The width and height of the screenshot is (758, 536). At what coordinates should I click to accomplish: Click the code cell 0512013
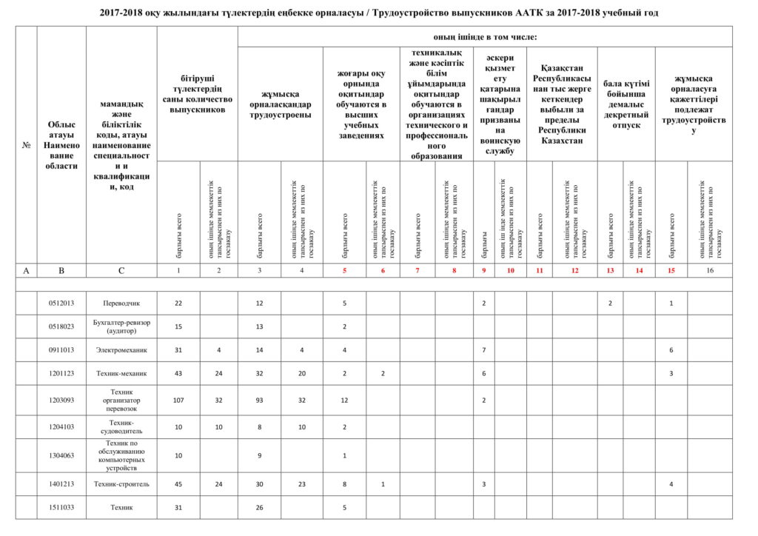click(61, 303)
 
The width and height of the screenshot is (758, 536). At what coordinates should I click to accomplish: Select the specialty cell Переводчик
click(121, 303)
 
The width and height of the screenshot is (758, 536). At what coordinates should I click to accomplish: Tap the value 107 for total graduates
click(178, 400)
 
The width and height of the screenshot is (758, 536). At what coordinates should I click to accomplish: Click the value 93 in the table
click(259, 400)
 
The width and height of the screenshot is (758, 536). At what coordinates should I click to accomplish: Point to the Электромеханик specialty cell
click(121, 349)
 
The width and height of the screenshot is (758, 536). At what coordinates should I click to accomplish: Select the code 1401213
click(61, 484)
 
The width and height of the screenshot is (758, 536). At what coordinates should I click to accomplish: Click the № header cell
click(26, 145)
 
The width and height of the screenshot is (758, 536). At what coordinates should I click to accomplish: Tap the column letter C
click(121, 271)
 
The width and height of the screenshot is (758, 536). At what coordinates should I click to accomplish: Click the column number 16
click(710, 271)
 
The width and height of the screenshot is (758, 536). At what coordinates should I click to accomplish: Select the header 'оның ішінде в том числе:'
click(485, 36)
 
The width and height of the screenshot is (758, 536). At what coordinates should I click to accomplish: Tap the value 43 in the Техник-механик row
click(178, 373)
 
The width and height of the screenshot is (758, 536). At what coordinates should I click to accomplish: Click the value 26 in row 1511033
click(259, 507)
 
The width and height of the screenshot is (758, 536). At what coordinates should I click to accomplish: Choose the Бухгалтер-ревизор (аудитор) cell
click(121, 326)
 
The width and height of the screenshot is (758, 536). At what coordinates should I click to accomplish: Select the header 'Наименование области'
click(61, 145)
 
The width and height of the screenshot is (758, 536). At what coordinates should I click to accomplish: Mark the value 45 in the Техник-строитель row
click(178, 484)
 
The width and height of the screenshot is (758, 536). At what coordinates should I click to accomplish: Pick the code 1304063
click(61, 455)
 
